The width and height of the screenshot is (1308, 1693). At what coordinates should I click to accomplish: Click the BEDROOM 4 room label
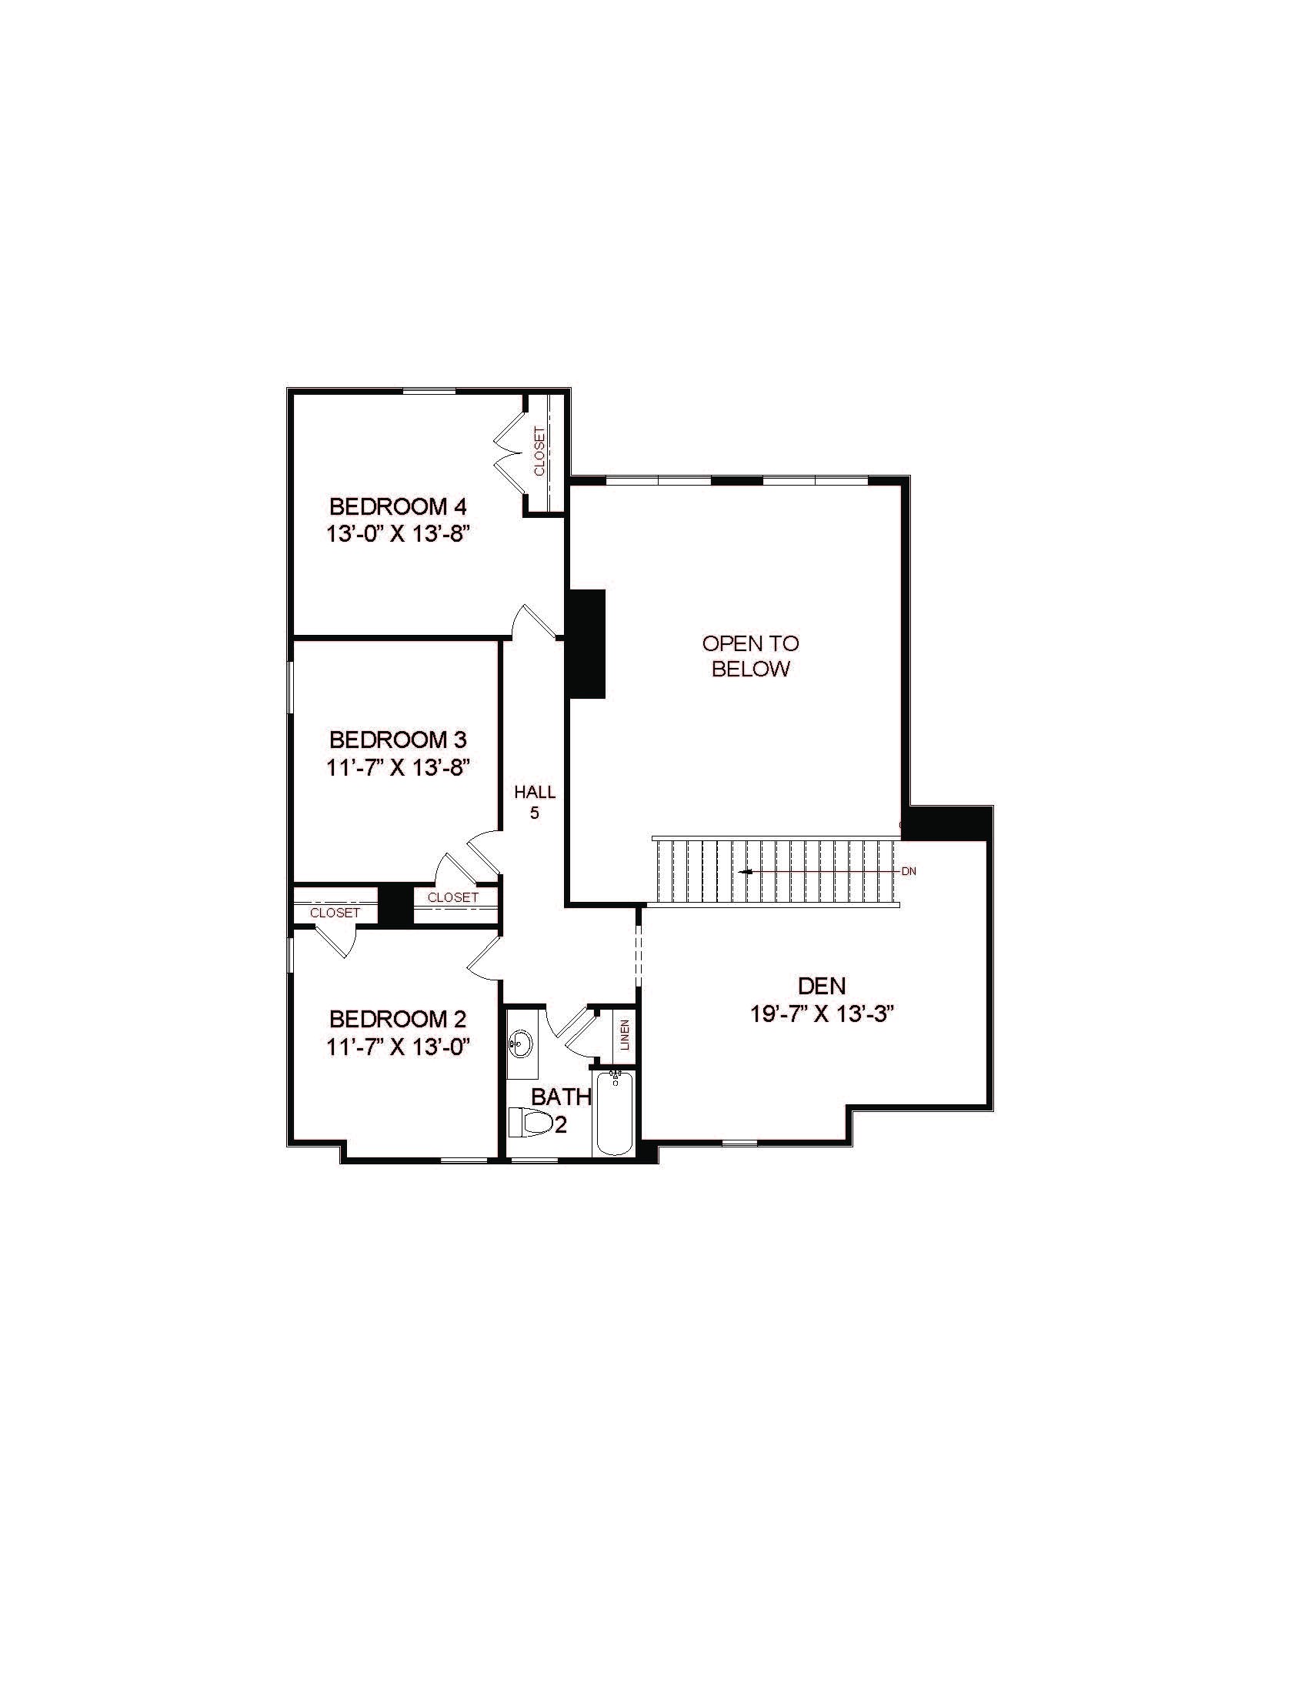click(x=399, y=507)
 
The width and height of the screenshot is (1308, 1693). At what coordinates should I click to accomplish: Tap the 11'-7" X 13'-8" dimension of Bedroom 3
click(x=399, y=767)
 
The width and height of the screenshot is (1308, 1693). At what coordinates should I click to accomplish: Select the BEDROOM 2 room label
click(x=399, y=1019)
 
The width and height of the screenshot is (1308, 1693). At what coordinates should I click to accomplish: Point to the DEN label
click(x=823, y=986)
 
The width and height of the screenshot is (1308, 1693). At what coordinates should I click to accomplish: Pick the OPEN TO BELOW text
click(x=750, y=656)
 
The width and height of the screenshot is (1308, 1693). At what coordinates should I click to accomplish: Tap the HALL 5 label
click(x=535, y=803)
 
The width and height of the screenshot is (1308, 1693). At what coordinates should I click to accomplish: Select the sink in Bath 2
click(x=522, y=1044)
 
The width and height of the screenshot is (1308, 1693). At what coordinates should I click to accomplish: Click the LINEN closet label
click(x=625, y=1034)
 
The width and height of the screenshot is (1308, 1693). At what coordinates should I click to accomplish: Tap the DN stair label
click(x=909, y=871)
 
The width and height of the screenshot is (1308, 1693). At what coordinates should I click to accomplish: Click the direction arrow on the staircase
click(x=746, y=871)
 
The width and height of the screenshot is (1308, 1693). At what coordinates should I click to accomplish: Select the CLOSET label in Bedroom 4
click(x=539, y=451)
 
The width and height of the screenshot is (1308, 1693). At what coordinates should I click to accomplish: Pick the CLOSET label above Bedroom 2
click(x=335, y=913)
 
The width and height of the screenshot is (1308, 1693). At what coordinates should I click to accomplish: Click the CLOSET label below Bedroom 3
click(x=452, y=897)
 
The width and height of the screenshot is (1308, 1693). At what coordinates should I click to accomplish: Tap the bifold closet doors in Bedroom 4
click(x=508, y=452)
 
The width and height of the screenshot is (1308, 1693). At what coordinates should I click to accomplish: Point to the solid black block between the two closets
click(x=396, y=905)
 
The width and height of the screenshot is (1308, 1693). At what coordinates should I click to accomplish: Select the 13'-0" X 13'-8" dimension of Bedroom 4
click(x=399, y=535)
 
